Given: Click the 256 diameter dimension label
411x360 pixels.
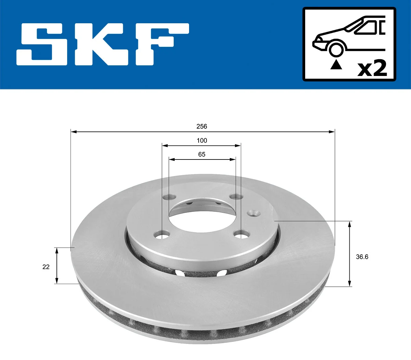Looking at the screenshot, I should coord(202,126).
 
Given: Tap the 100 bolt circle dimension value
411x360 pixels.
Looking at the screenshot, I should coord(202,140).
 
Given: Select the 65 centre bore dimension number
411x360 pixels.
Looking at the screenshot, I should coord(202,154).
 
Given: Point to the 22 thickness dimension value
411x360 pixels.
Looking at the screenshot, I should coord(46,267).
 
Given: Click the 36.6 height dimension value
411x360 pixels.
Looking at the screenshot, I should coord(362,257).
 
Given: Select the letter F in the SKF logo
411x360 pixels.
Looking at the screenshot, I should coord(161,44).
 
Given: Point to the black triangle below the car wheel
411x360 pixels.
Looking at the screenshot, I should coord(336,64).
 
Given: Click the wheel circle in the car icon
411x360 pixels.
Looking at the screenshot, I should coord(336,49).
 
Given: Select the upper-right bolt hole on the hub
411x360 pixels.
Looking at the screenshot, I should coord(236,197).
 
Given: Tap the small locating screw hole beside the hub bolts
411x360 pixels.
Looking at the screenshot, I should coord(254,213).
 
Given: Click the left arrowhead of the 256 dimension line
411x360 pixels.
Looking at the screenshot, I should coord(73,131).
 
